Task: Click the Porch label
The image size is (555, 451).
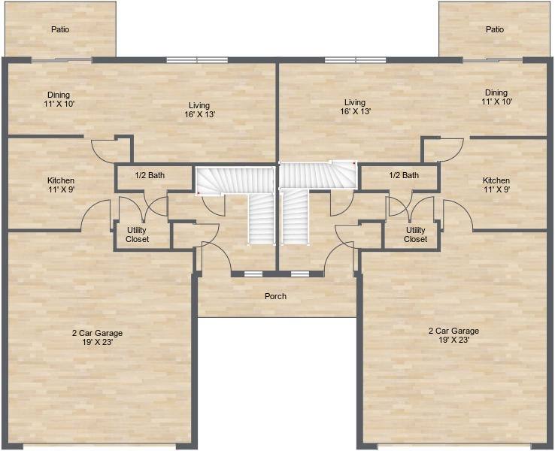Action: tap(275, 296)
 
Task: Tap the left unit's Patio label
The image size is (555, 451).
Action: tap(60, 29)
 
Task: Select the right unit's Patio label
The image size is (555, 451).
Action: tap(495, 29)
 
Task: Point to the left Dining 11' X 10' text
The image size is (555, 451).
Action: tap(59, 99)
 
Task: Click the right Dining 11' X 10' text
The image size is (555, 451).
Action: tap(496, 97)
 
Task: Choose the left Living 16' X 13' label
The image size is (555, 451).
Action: tap(199, 110)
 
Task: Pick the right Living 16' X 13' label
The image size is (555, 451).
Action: tap(355, 107)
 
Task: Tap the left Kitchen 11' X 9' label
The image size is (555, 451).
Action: tap(61, 185)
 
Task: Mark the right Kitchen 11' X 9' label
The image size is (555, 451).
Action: tap(496, 185)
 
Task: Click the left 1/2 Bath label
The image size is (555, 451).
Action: tap(150, 175)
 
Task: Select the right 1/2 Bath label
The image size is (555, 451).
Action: tap(404, 175)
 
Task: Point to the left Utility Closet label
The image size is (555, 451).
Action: tap(137, 235)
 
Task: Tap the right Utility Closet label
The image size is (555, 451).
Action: tap(416, 235)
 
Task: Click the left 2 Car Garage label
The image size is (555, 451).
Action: tap(97, 337)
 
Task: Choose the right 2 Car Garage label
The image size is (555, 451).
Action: tap(453, 335)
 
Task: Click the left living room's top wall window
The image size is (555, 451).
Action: tap(197, 60)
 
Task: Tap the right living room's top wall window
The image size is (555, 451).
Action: tap(356, 60)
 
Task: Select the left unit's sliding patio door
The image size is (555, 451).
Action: tap(62, 60)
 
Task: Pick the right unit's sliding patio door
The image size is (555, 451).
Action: tap(493, 60)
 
